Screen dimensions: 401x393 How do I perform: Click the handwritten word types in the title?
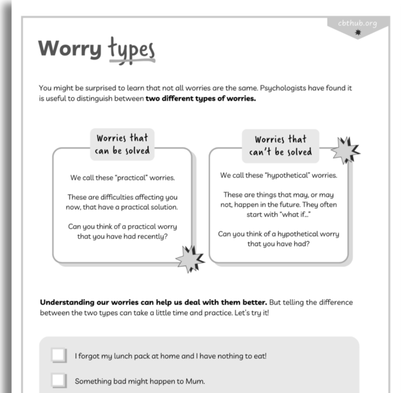(x=132, y=50)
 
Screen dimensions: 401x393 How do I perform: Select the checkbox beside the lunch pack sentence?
(x=59, y=356)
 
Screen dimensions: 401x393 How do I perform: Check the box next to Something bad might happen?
(x=59, y=381)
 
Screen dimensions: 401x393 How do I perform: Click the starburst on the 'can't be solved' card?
(x=345, y=151)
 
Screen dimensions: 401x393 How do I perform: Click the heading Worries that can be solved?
(x=123, y=143)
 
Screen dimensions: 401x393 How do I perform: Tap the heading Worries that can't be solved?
(x=280, y=145)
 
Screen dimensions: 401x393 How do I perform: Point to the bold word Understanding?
(x=73, y=302)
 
